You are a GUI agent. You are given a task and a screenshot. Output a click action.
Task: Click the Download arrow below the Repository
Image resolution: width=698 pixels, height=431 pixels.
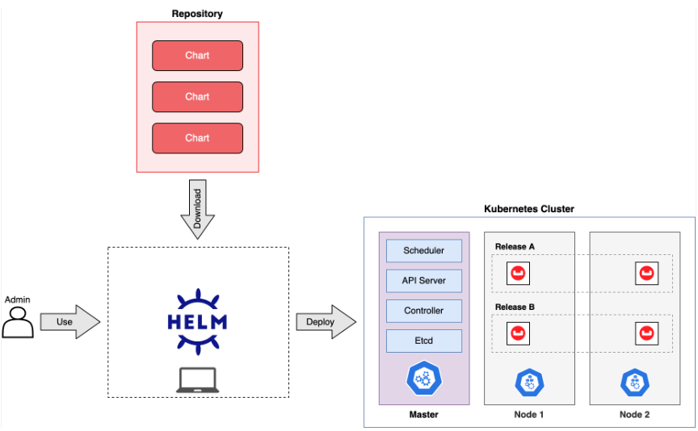(198, 209)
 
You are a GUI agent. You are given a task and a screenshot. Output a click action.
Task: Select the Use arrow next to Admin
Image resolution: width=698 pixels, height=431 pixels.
(70, 321)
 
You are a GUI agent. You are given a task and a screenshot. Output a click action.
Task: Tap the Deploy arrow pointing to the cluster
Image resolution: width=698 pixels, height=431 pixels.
(326, 321)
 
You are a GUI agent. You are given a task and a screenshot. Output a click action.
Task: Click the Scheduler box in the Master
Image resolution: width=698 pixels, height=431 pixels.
(424, 250)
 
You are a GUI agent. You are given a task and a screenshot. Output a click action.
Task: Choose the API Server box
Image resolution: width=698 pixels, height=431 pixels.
(424, 281)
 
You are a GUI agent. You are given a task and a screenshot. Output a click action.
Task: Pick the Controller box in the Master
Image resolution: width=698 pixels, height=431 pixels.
(424, 311)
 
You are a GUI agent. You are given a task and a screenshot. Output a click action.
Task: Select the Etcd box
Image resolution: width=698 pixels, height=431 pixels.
(424, 341)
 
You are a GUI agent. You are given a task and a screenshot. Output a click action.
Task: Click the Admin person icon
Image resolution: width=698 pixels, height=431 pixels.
(18, 323)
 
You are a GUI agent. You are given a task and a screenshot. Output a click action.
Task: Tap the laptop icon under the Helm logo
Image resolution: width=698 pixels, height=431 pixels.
(198, 380)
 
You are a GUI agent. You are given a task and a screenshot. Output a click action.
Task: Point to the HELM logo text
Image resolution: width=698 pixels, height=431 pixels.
(197, 322)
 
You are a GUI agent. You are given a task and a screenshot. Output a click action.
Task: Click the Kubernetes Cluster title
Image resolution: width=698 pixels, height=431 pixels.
(529, 209)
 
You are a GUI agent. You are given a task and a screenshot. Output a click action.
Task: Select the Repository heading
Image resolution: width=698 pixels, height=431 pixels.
(197, 14)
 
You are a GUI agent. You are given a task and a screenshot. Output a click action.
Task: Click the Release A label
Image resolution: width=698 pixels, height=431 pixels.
(515, 247)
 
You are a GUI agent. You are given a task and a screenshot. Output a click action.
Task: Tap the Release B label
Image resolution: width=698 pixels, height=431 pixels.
(515, 308)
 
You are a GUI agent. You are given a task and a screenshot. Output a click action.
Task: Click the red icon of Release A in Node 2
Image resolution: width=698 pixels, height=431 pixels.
(646, 273)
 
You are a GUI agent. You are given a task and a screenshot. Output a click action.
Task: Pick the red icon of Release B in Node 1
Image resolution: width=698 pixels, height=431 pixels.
(518, 333)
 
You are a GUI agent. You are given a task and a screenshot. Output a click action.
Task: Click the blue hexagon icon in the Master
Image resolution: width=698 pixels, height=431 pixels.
(424, 378)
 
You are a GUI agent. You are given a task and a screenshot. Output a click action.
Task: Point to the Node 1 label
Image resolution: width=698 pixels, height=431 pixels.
(529, 415)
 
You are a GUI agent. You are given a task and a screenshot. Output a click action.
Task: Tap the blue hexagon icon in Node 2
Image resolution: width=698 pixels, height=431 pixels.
(635, 383)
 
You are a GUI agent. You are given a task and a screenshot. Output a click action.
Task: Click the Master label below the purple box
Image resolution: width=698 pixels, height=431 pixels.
(424, 415)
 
